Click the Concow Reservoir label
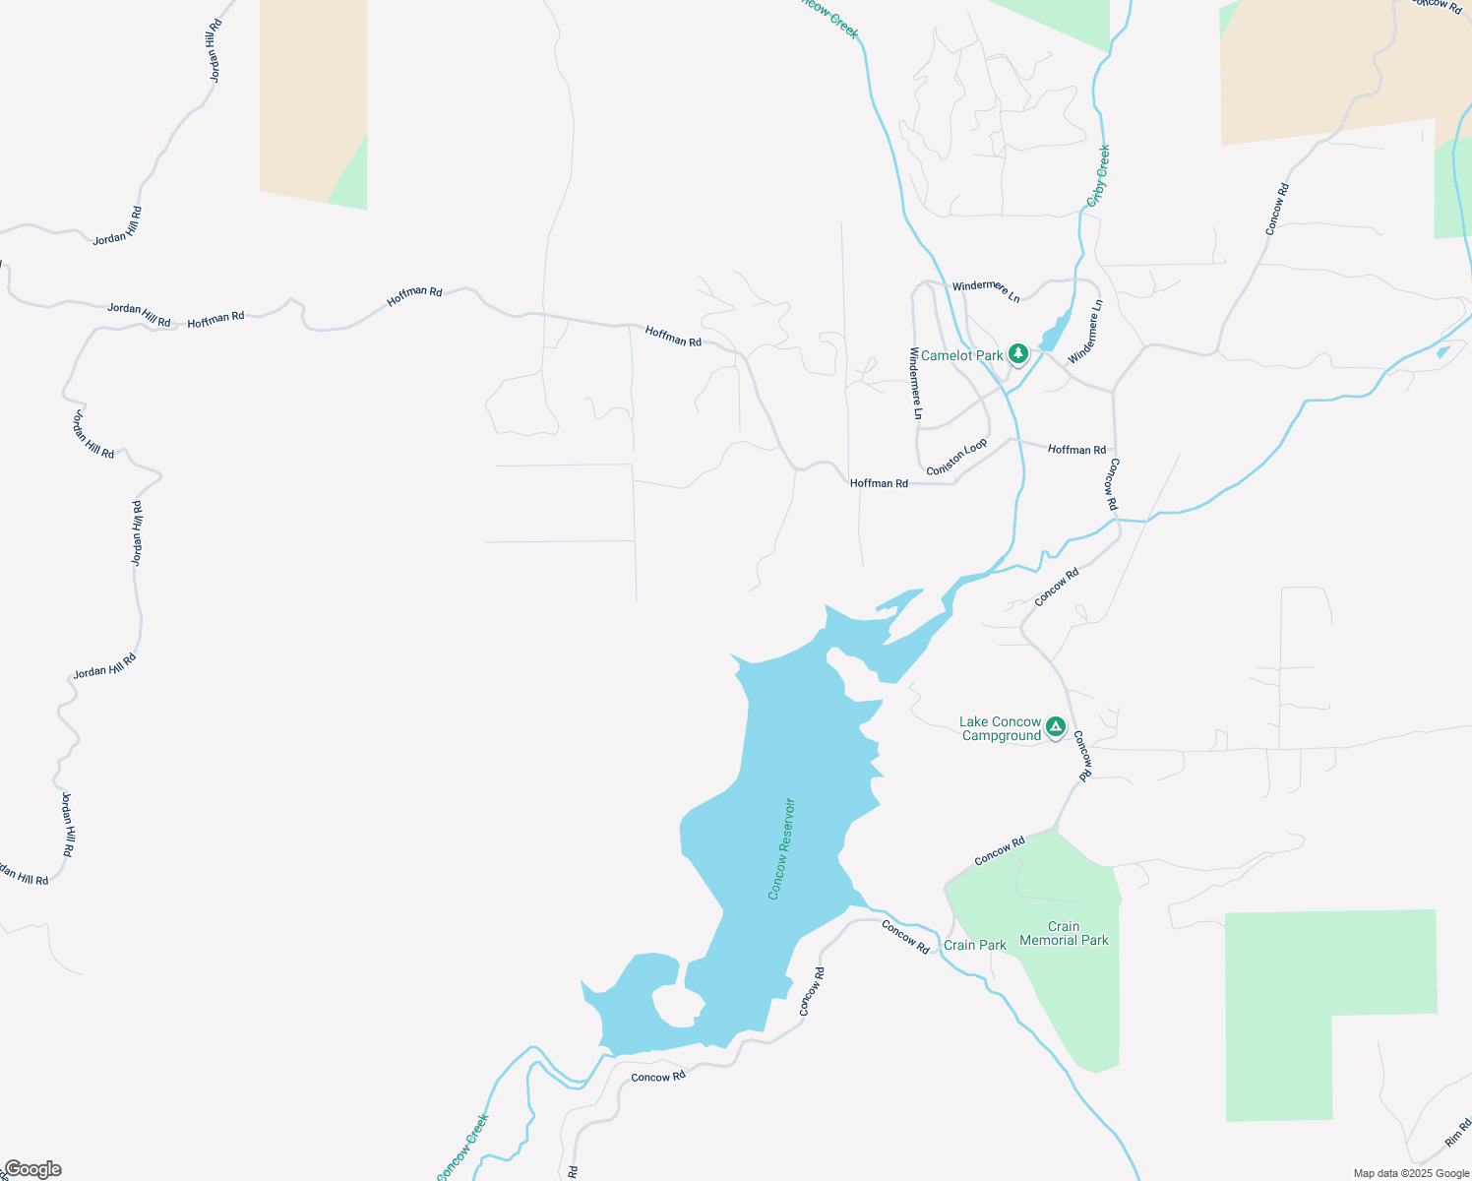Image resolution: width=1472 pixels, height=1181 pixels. point(781,848)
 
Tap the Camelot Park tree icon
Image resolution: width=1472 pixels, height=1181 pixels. point(1018,353)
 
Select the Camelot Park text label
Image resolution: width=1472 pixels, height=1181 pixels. point(961,355)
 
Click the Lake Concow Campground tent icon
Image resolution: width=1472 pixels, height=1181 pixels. point(1056,727)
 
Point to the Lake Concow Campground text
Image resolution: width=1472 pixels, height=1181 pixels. point(1000,729)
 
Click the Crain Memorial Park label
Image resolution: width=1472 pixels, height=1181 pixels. point(1064,934)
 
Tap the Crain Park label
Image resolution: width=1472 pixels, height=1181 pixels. point(974,946)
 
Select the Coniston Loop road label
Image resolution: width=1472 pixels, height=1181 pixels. point(956,458)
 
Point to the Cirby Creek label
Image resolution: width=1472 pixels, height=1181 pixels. point(1098,175)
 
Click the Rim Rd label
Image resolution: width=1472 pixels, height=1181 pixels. point(1458,1133)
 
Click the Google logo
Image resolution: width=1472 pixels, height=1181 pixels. point(31,1169)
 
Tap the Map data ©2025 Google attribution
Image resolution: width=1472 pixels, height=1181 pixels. point(1411,1173)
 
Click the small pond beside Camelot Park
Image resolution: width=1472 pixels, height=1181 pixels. point(1054,332)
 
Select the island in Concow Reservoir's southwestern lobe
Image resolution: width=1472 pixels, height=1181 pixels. point(677,1006)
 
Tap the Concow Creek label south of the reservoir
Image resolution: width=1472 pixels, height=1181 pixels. point(462,1148)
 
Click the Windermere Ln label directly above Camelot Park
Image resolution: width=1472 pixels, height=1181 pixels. point(986,289)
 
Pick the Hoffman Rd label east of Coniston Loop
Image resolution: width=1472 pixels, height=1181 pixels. point(1076,450)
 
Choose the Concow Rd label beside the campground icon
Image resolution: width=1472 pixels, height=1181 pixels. point(1082,756)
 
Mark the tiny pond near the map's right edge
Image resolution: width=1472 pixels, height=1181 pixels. point(1442,351)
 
